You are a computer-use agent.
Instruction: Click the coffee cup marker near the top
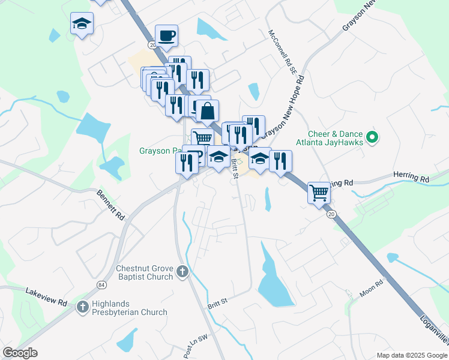tap(166, 35)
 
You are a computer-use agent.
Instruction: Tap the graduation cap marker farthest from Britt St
tap(82, 24)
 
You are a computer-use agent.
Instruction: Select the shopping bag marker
tap(207, 110)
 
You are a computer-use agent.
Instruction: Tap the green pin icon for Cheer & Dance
tap(372, 138)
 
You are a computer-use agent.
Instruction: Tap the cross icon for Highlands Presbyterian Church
tap(83, 307)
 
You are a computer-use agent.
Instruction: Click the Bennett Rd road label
tap(112, 204)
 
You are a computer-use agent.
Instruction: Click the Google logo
tap(20, 353)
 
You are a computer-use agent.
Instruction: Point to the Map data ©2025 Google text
tap(412, 355)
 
